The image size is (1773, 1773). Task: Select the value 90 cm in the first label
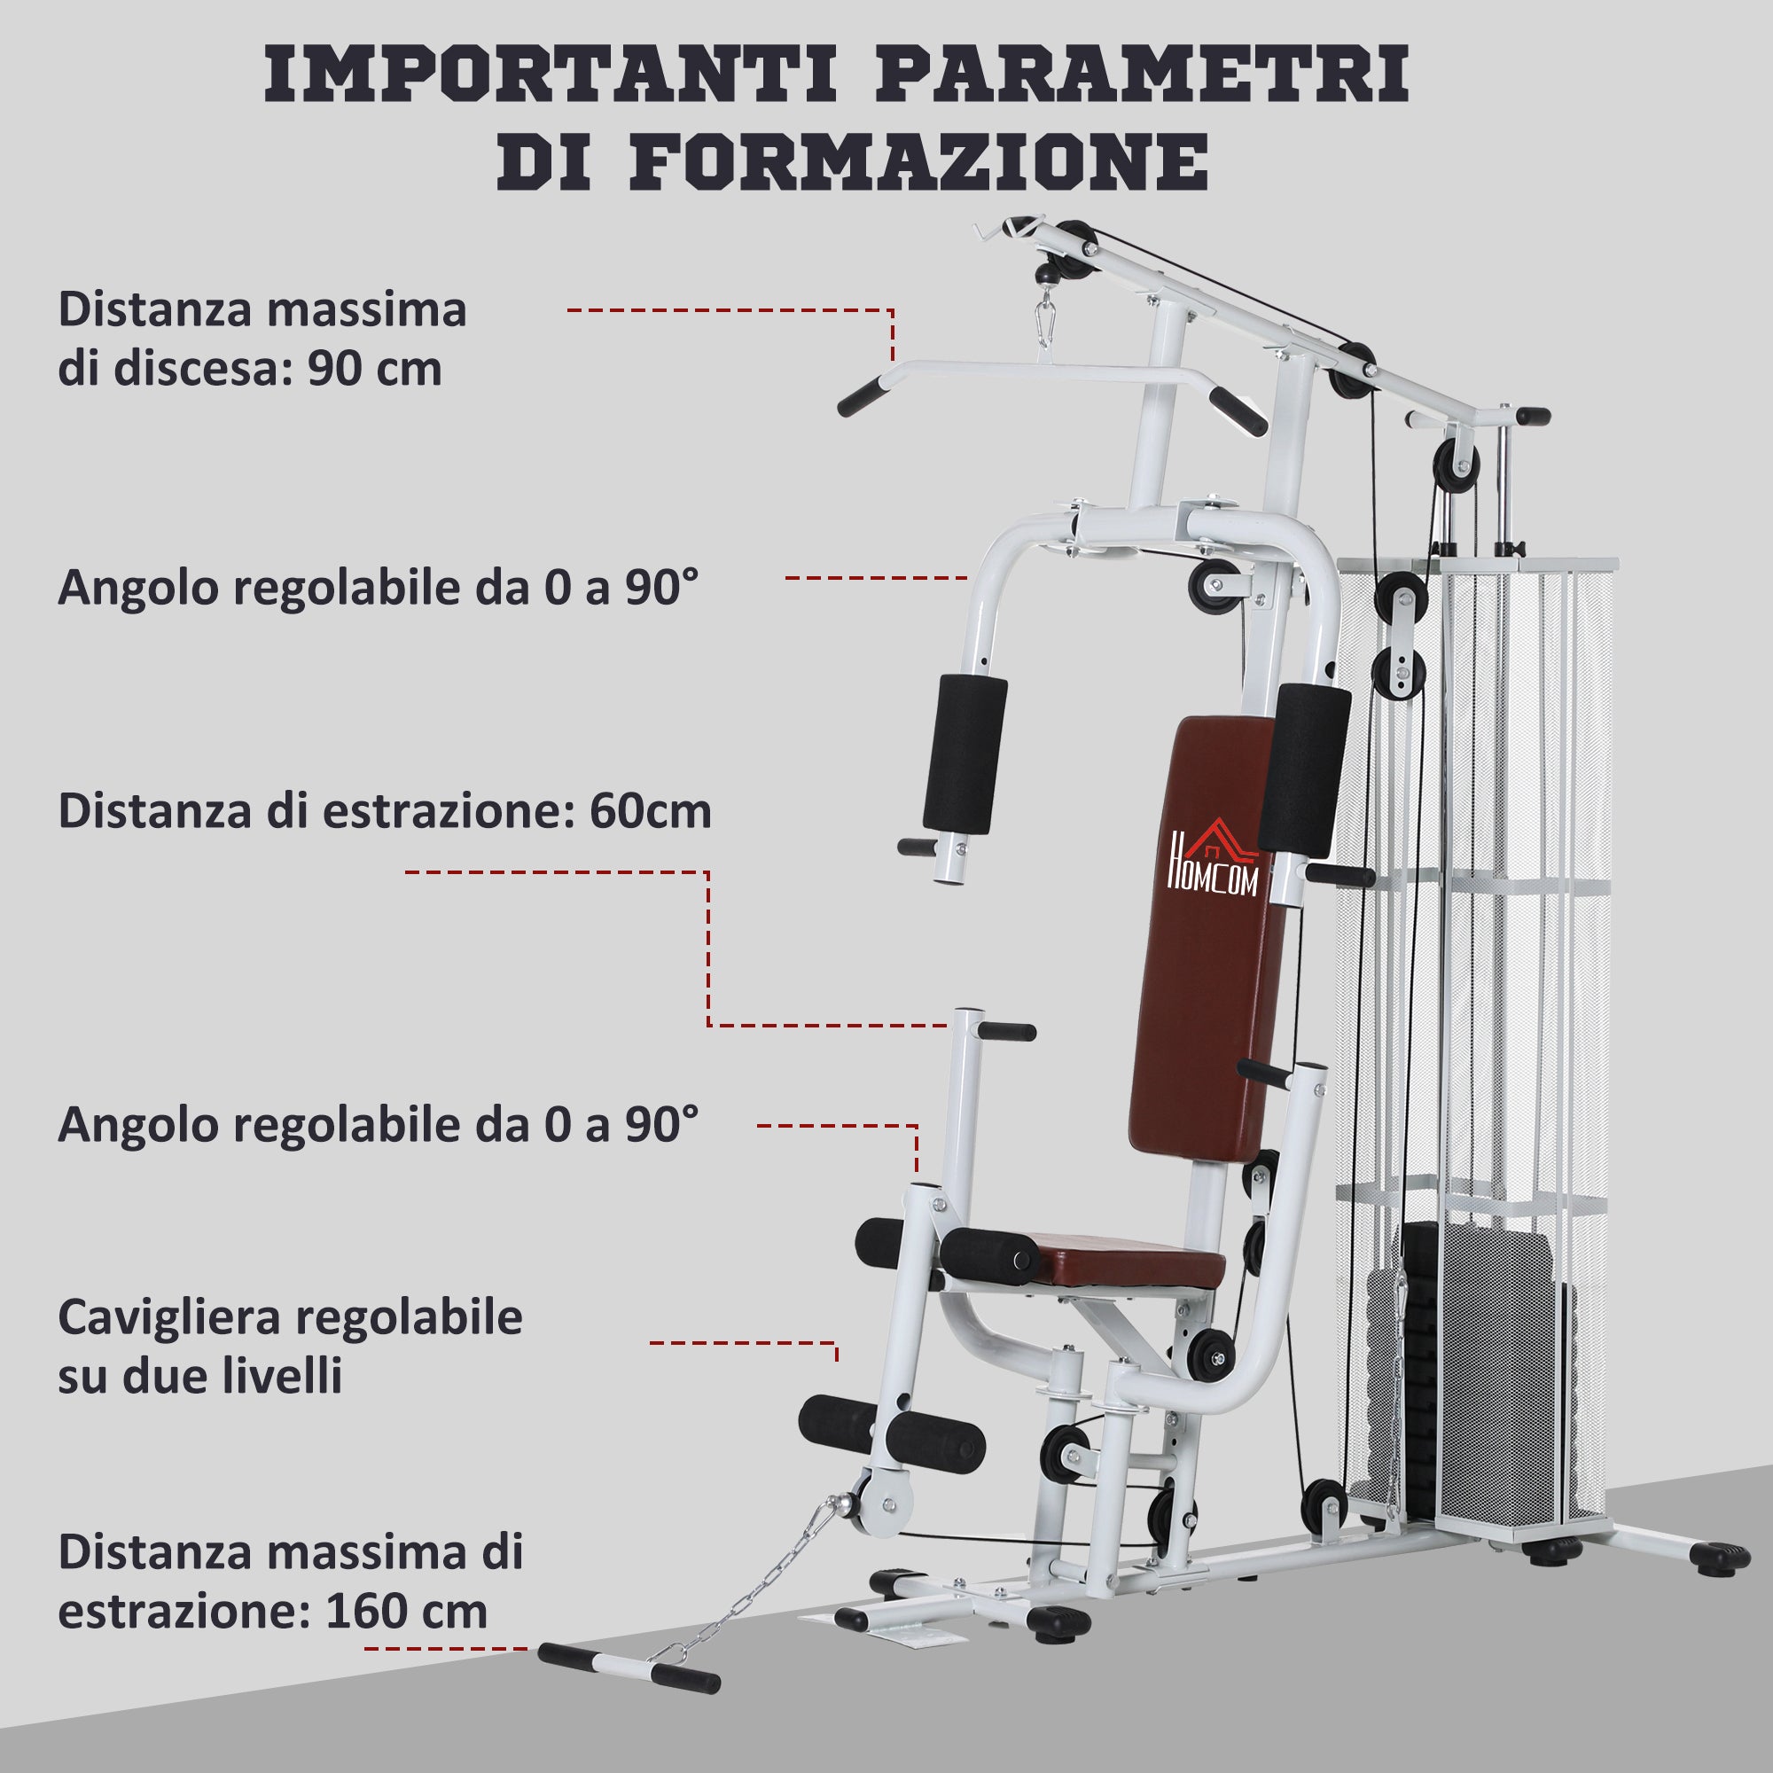click(x=374, y=370)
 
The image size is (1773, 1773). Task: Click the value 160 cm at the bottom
click(x=406, y=1613)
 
